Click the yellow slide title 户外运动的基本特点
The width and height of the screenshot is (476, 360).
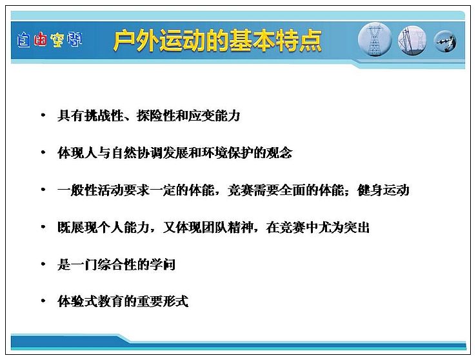(217, 41)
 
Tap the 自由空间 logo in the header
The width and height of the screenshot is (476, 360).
(50, 40)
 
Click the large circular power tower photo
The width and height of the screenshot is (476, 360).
(375, 39)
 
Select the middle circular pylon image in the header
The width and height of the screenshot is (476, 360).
(412, 41)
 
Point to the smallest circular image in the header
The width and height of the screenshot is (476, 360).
(445, 41)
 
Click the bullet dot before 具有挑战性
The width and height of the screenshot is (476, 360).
(43, 115)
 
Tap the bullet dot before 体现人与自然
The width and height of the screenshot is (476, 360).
(43, 152)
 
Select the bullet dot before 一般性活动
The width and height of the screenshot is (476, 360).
(43, 190)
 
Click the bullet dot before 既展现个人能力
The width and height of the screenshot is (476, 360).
(43, 226)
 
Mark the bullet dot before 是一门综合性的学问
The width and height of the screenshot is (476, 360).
(43, 264)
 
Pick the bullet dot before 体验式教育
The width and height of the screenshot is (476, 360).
(43, 301)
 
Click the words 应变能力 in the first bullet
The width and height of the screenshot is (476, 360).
(214, 115)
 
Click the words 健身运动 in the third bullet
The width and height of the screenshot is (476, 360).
(383, 190)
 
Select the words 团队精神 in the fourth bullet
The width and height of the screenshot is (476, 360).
(227, 227)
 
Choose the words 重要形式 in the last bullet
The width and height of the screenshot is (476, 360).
(163, 301)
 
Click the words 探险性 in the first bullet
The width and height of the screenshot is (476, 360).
(155, 115)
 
